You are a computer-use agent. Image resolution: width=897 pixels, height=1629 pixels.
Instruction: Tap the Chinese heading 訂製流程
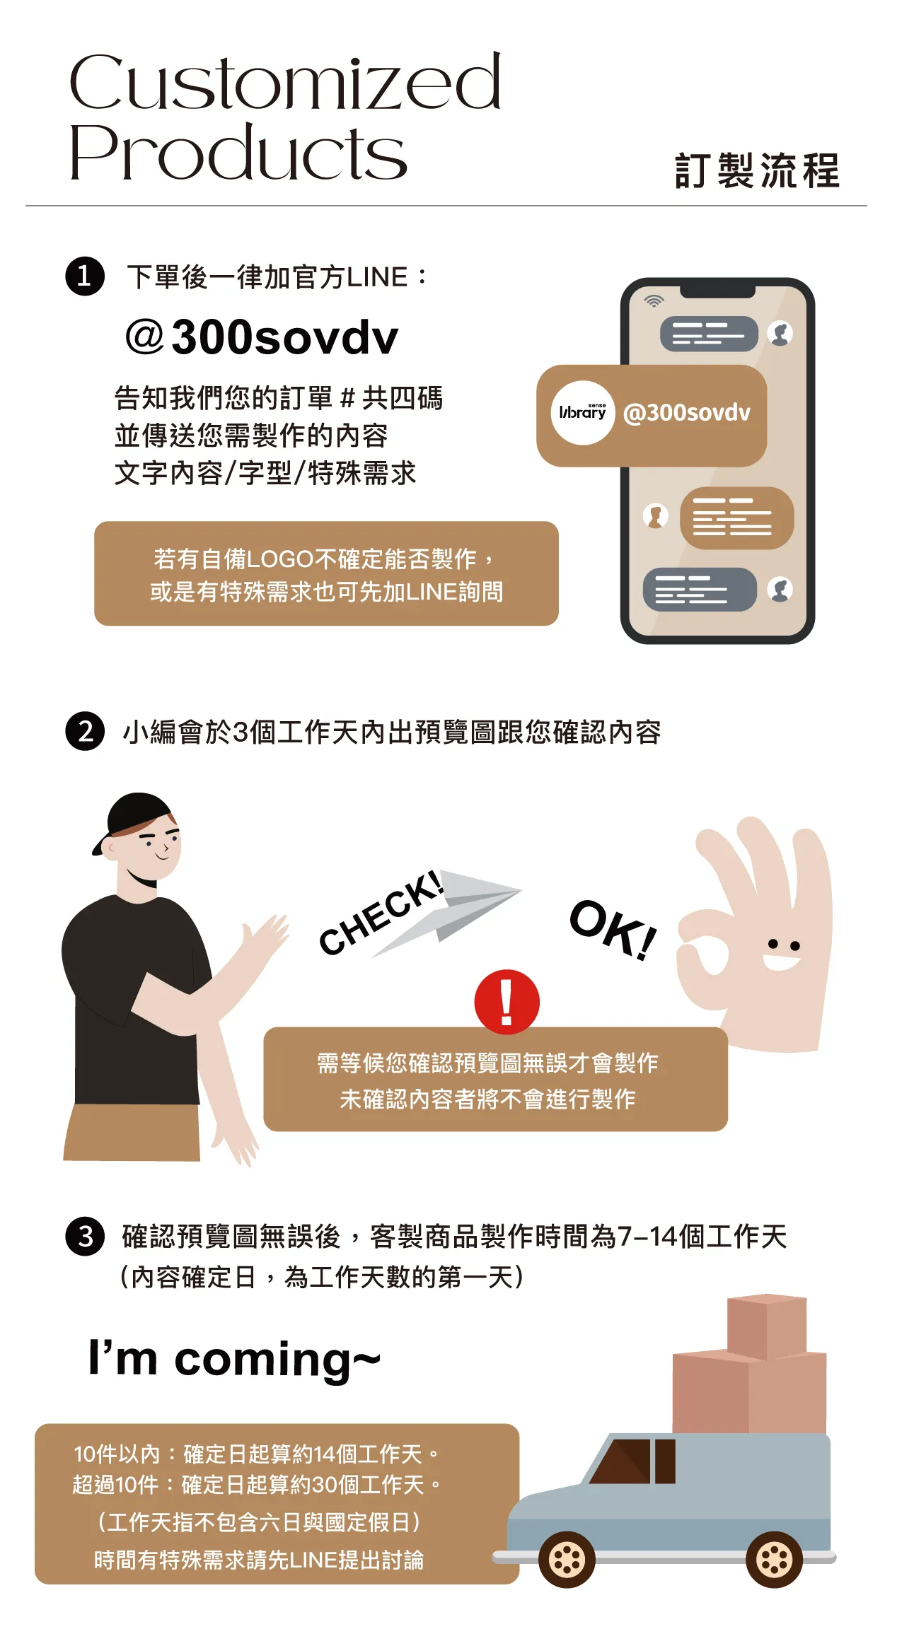pos(758,171)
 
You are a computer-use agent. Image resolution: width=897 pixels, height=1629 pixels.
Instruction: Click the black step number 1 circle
pos(85,276)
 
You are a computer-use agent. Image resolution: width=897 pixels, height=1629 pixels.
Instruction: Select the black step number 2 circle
pos(85,730)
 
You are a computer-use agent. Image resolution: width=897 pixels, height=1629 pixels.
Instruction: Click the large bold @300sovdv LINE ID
pos(262,337)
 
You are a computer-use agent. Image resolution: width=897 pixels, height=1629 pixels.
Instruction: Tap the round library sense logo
pos(583,413)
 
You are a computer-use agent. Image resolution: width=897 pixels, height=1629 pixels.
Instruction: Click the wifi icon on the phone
pos(654,300)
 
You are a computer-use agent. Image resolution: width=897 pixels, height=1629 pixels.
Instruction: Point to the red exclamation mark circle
pos(507,1002)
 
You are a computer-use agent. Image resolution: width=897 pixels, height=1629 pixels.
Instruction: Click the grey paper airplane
pos(446,912)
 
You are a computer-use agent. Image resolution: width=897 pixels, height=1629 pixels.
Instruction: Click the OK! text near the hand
pos(613,929)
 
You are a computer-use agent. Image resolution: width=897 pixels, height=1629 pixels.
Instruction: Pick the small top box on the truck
pos(767,1326)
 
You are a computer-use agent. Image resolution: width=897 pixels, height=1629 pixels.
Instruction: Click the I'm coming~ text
pos(234,1358)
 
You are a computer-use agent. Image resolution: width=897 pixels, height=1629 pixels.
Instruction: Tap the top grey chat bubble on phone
pos(709,334)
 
